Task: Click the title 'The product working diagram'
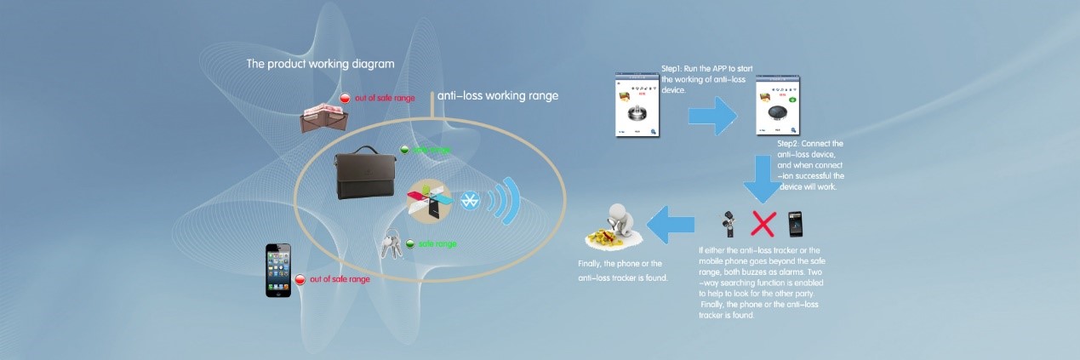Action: [x=320, y=63]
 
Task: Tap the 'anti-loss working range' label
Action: [x=498, y=96]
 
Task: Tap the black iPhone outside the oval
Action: [x=277, y=270]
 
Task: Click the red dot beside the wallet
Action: [x=345, y=99]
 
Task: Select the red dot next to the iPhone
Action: [x=300, y=279]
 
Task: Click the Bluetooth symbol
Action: [x=469, y=201]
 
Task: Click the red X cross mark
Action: [x=763, y=223]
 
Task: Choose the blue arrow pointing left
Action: [x=671, y=225]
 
